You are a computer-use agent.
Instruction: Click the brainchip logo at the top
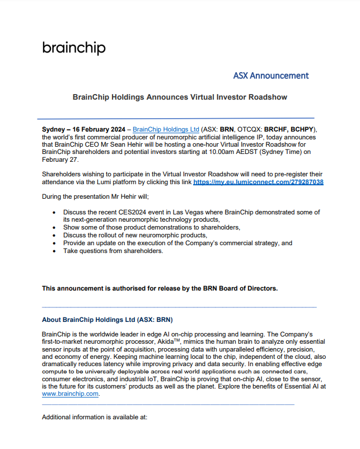(x=73, y=48)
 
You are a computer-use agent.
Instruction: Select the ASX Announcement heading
(x=270, y=76)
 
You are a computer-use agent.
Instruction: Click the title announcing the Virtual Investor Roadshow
(x=180, y=97)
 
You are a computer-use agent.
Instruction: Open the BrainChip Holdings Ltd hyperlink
(x=166, y=129)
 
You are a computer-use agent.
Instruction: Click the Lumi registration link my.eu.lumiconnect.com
(x=258, y=183)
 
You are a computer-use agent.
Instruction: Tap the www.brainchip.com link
(x=71, y=394)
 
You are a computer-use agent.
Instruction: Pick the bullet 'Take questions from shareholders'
(x=113, y=251)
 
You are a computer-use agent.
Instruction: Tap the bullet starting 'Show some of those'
(x=143, y=227)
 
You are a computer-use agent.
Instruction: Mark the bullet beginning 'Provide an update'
(x=177, y=243)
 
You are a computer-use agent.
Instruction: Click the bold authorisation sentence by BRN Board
(x=160, y=288)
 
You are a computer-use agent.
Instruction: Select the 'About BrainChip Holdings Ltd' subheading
(x=107, y=320)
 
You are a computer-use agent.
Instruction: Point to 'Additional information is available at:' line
(x=95, y=417)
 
